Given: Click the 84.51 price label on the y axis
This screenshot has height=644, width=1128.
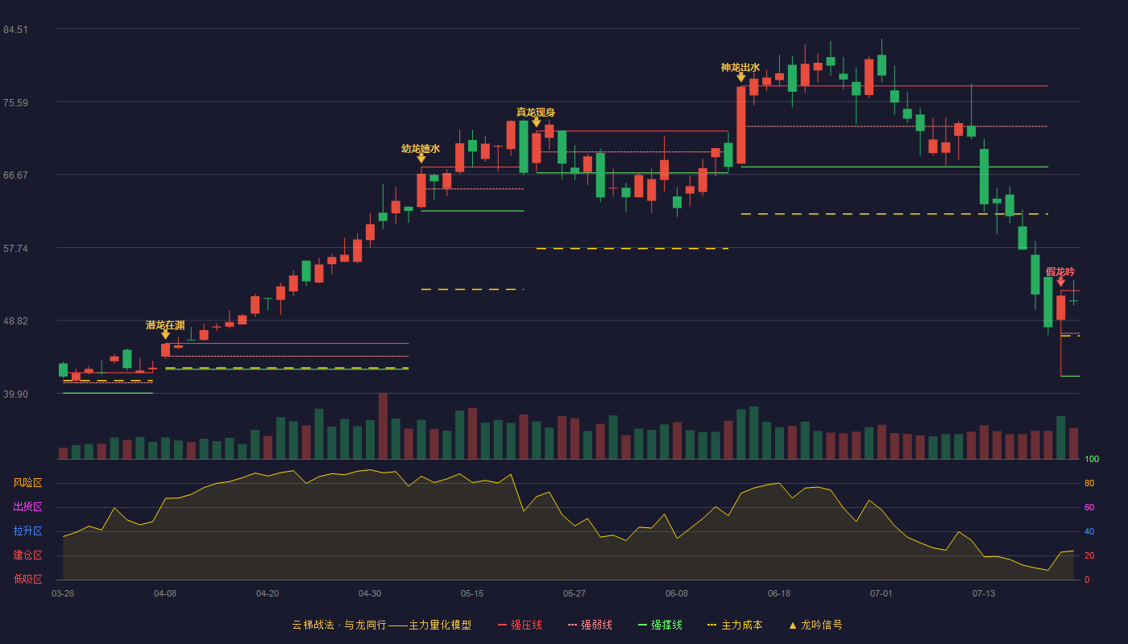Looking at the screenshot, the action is tap(15, 30).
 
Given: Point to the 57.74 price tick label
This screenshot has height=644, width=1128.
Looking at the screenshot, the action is tap(15, 249).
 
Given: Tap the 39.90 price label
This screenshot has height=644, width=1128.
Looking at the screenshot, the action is tap(15, 394).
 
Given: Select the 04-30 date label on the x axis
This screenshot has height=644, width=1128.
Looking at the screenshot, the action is tap(370, 594).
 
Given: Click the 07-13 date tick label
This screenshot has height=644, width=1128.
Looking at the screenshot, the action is tap(984, 594).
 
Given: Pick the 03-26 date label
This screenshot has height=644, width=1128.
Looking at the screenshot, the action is tap(63, 594).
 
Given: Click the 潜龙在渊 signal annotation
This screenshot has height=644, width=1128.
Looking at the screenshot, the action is tap(165, 325).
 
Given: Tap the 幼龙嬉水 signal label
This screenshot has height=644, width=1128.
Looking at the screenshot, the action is tap(421, 149).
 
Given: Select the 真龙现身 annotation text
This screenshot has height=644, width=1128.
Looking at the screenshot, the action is tap(536, 112).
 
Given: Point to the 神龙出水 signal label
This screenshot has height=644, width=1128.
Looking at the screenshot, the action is tap(740, 68).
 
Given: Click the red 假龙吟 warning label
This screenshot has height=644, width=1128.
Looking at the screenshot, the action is tap(1060, 272).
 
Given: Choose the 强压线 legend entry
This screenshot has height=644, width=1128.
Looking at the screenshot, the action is tap(520, 625).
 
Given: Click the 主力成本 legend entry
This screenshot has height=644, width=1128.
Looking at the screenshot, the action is tap(735, 625).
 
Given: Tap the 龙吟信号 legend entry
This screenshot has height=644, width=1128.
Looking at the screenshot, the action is tap(815, 625).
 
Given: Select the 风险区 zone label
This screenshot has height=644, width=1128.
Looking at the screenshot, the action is tap(27, 483).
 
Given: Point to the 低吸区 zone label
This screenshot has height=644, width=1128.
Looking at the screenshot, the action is tap(27, 580).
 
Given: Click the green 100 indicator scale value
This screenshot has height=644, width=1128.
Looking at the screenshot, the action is tap(1092, 459).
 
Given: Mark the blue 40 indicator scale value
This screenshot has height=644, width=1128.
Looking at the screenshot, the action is tap(1089, 531).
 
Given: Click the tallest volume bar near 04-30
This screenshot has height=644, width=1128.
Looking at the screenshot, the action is tap(383, 426).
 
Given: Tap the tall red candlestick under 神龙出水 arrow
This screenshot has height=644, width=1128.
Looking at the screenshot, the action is tap(740, 126).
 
